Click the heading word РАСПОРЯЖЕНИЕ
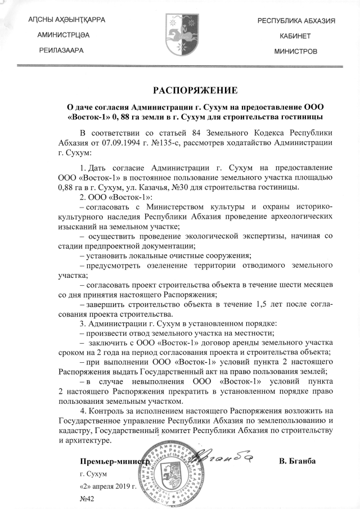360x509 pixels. (x=196, y=89)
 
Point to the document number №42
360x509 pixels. (x=87, y=498)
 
